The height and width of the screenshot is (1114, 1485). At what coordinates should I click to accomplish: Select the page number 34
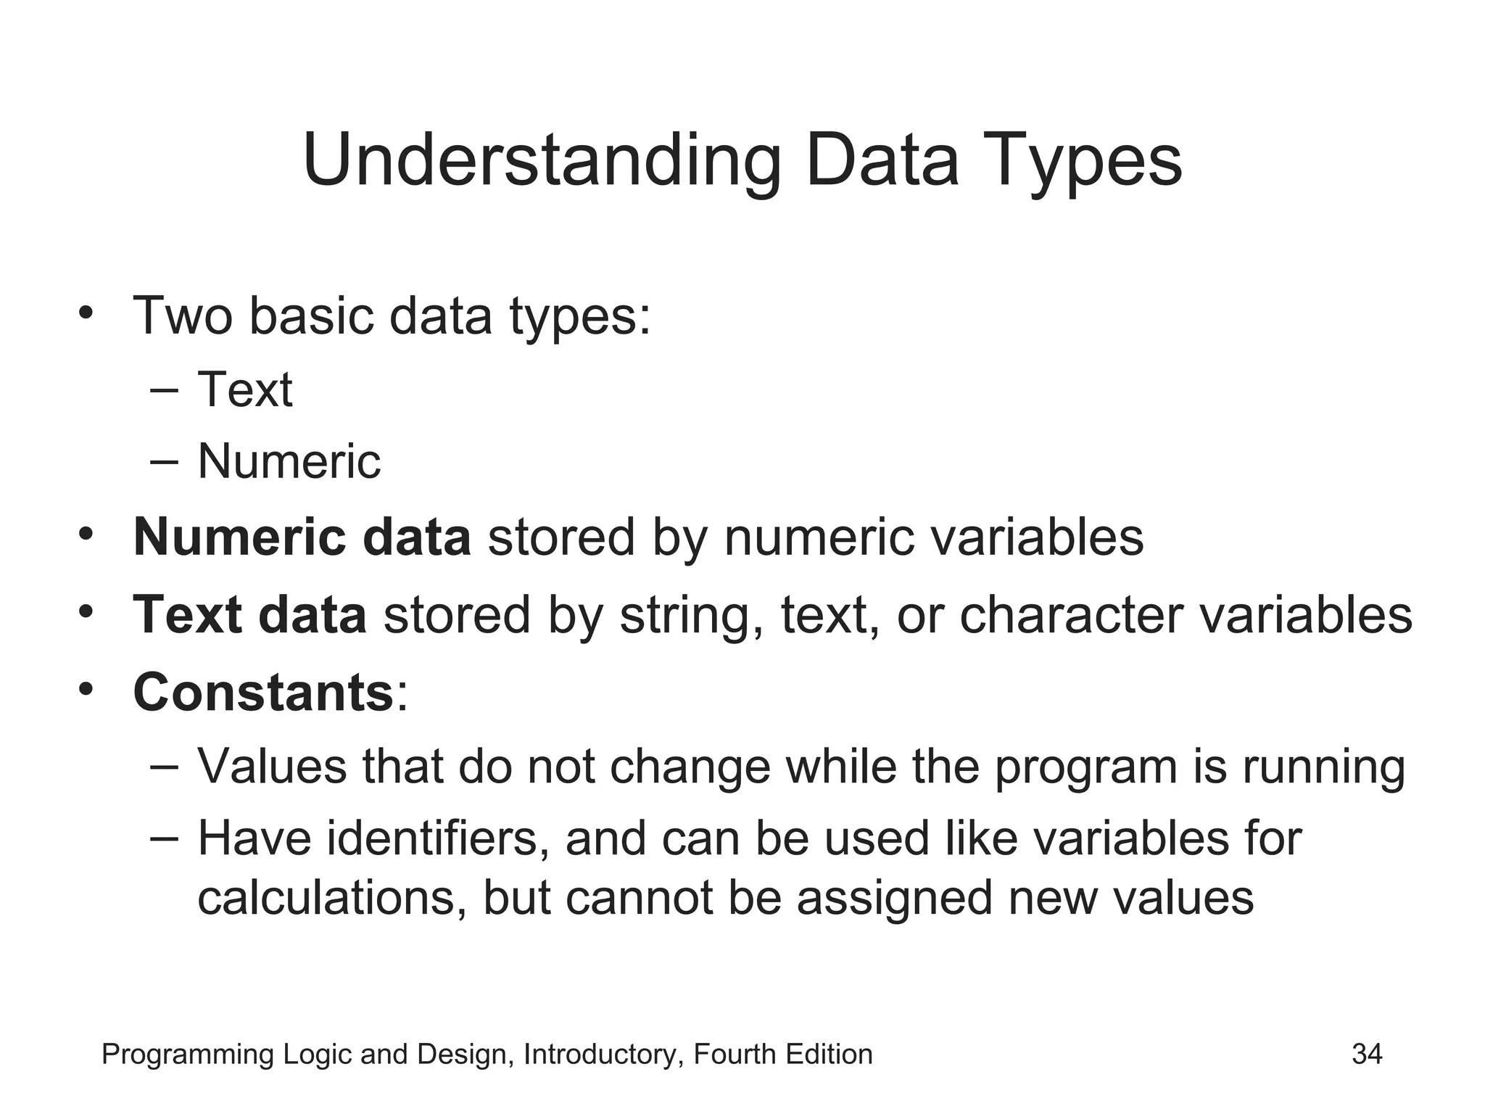1367,1054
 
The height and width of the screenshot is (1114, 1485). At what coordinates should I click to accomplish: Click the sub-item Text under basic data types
245,389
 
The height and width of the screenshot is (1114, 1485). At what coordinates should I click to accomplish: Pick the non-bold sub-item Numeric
289,461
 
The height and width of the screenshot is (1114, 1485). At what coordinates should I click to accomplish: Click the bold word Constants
263,692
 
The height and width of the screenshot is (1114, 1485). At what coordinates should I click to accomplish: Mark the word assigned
894,898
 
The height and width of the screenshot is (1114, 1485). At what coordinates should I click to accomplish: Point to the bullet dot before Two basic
86,313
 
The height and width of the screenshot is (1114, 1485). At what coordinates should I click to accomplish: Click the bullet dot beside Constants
86,689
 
